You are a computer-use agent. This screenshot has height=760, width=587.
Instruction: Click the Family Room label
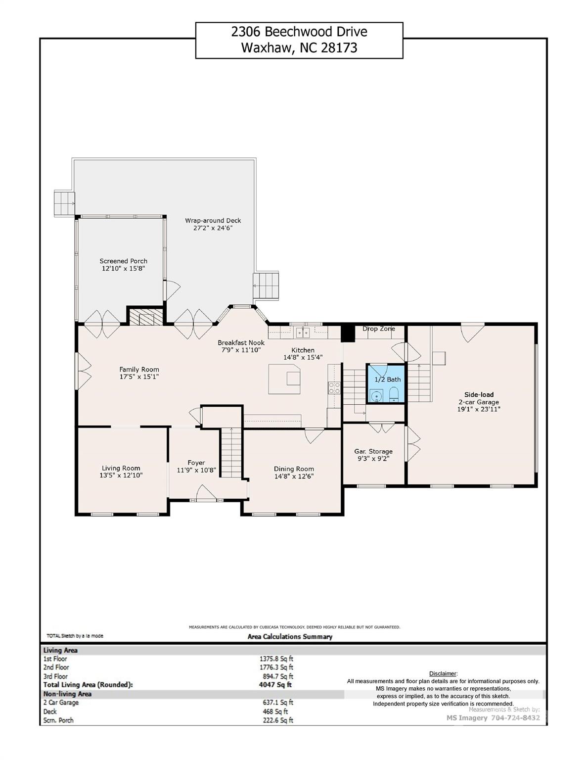click(x=139, y=369)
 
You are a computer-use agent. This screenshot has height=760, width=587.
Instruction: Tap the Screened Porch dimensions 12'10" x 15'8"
click(x=123, y=269)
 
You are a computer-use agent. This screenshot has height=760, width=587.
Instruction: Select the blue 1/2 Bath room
click(x=386, y=383)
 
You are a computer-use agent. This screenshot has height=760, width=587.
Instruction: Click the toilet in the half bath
click(x=394, y=394)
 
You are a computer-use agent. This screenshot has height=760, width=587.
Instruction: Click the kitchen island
click(x=284, y=380)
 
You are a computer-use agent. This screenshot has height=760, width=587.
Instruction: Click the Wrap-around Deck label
click(x=213, y=221)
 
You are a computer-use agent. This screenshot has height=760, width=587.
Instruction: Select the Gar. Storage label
click(x=373, y=452)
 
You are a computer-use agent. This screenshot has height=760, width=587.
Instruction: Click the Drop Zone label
click(x=379, y=329)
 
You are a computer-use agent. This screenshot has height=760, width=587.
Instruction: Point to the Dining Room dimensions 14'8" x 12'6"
click(x=294, y=476)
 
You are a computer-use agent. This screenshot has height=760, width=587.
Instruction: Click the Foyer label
click(x=196, y=463)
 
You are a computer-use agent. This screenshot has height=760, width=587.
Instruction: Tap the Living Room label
click(x=121, y=468)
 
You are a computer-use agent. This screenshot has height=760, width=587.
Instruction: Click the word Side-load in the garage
click(x=479, y=394)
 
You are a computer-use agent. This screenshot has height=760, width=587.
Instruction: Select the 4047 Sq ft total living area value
click(x=275, y=684)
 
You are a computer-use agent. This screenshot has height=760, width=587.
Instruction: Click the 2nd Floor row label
click(x=56, y=667)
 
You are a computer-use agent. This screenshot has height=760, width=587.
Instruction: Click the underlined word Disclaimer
click(x=443, y=673)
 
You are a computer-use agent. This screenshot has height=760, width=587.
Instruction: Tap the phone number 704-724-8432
click(x=515, y=717)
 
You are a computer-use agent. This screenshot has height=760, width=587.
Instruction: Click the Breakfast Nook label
click(x=241, y=343)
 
